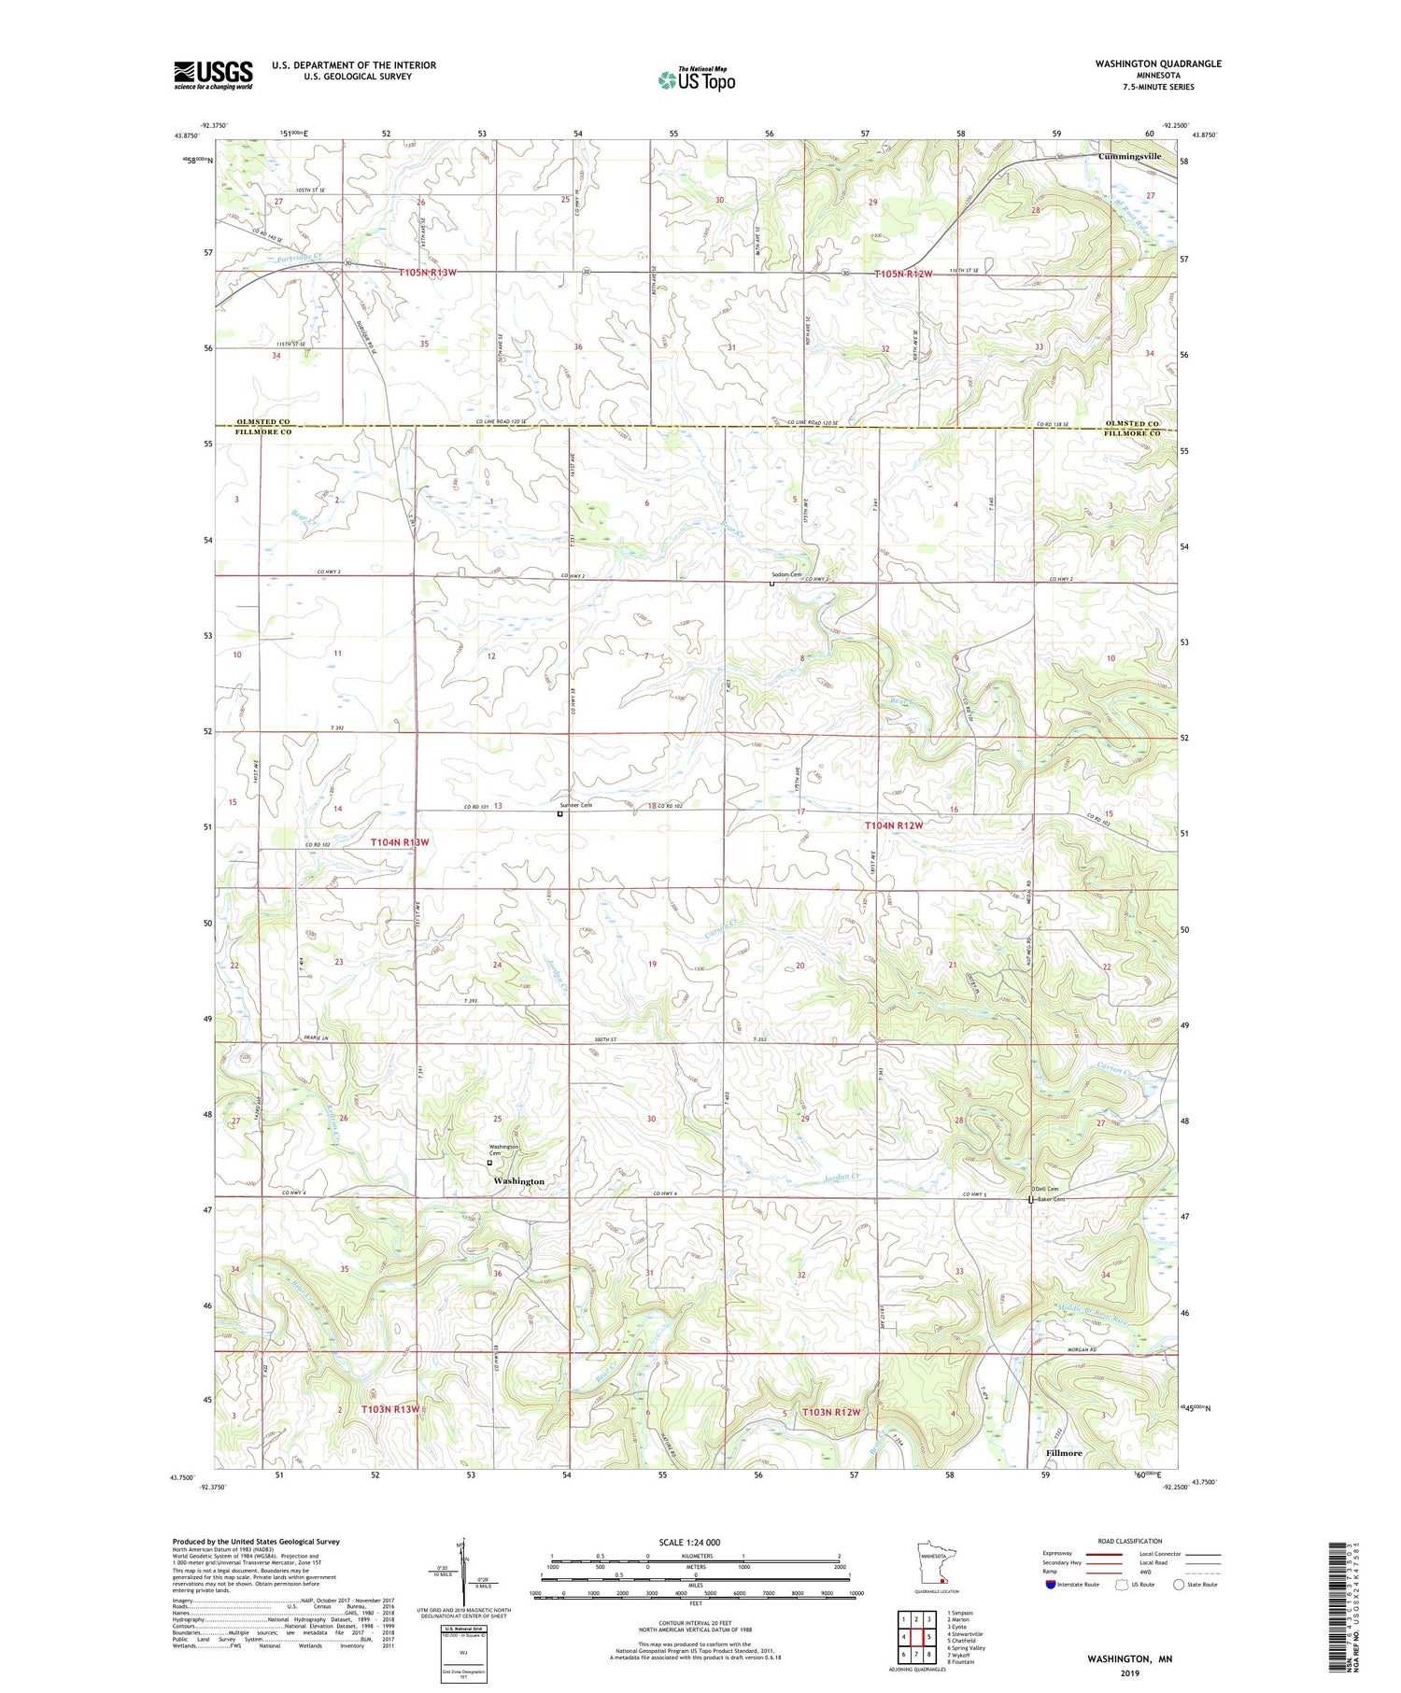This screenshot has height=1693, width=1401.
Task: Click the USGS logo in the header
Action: coord(213,75)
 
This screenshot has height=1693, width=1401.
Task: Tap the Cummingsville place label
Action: coord(1129,157)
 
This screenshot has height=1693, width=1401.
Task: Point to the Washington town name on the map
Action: coord(518,1181)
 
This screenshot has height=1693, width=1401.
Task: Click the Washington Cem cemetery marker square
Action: coord(489,1163)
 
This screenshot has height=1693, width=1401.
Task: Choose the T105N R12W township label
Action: coord(903,274)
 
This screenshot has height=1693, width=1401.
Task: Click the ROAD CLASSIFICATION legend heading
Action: coord(1130,1541)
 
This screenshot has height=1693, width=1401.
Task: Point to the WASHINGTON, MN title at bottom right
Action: coord(1129,1658)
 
